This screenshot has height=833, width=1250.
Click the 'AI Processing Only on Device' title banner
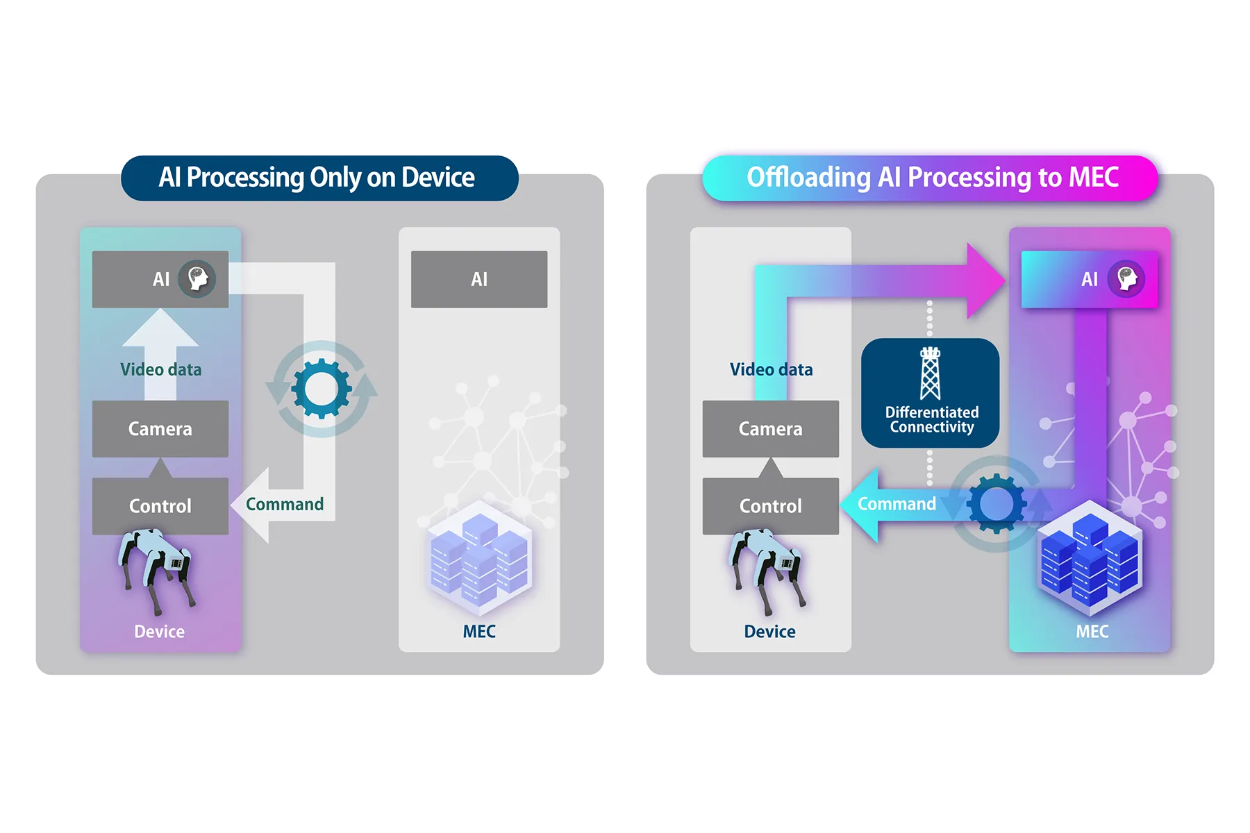point(319,178)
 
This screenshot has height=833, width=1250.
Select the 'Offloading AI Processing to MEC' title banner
point(931,178)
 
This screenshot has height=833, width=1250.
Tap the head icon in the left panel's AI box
point(197,279)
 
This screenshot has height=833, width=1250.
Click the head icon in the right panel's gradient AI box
point(1126,279)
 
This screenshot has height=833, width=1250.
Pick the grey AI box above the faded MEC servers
point(479,279)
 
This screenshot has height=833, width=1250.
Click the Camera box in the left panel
point(160,428)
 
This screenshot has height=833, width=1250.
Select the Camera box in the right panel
point(770,428)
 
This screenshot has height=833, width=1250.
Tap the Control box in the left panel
point(160,505)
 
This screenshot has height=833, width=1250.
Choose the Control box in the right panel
point(770,505)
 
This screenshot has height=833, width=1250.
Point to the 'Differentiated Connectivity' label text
point(931,420)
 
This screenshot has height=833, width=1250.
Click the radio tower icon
point(930,373)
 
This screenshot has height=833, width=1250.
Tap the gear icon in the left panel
point(321,389)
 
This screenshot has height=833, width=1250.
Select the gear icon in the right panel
point(997,503)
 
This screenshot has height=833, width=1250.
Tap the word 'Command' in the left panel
point(285,504)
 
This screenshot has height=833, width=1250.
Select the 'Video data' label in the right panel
point(771,369)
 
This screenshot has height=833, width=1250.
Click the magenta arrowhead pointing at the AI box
point(986,280)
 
